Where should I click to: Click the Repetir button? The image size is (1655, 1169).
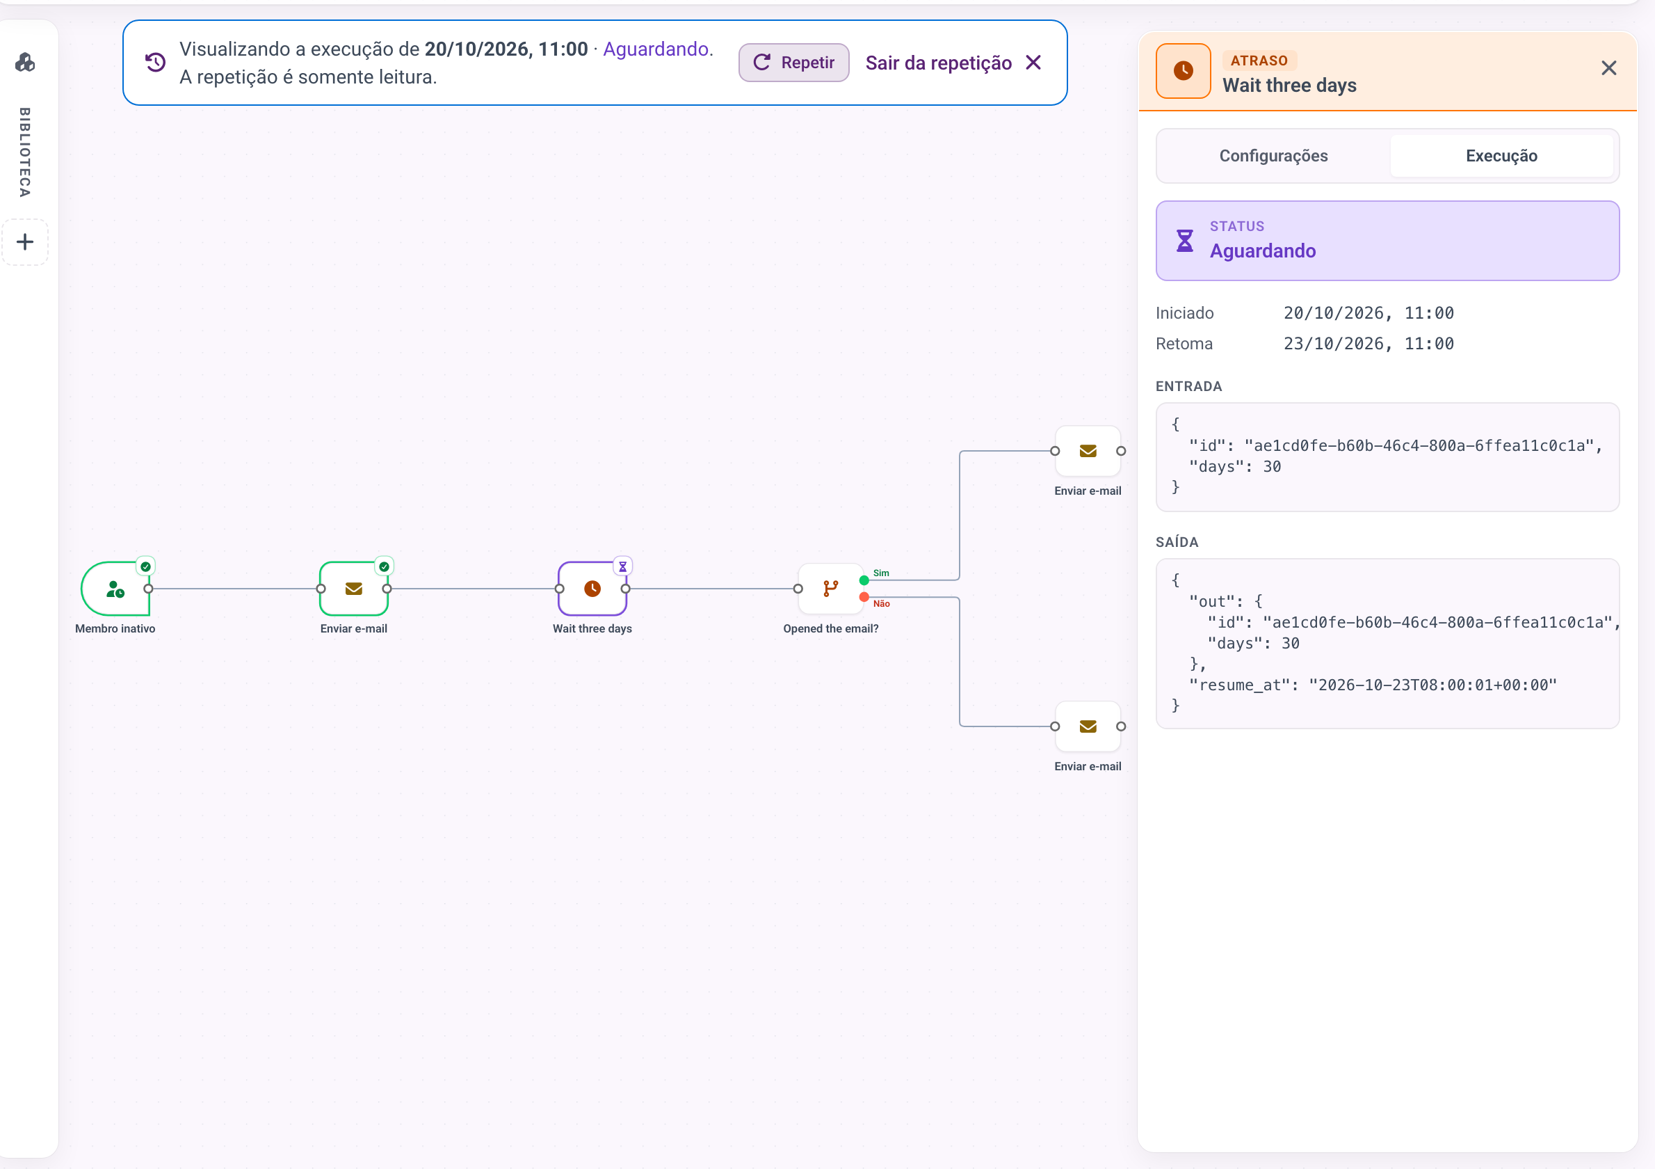(x=793, y=63)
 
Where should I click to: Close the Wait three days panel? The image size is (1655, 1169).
(x=1608, y=68)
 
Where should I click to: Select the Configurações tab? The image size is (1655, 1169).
(x=1273, y=156)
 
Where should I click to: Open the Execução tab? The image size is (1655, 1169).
(x=1501, y=156)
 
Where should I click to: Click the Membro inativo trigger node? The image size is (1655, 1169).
(x=115, y=589)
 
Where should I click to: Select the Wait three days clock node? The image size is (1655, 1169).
(x=592, y=589)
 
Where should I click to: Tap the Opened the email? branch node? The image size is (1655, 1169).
(x=830, y=589)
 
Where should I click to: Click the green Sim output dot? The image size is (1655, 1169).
(x=864, y=580)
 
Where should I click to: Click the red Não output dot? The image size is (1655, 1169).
(x=864, y=597)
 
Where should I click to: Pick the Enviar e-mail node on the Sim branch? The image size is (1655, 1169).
(x=1088, y=451)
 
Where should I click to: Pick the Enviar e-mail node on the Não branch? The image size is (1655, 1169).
(x=1088, y=726)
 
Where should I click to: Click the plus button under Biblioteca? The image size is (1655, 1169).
(x=25, y=242)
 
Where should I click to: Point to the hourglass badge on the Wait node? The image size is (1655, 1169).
(x=623, y=567)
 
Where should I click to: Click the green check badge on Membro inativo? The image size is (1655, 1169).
(x=145, y=567)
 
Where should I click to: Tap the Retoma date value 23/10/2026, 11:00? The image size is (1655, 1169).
(x=1368, y=343)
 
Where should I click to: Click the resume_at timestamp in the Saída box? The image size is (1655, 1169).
(x=1433, y=685)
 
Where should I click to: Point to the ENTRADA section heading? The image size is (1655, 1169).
(x=1188, y=387)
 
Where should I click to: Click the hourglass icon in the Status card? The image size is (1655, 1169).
(x=1184, y=241)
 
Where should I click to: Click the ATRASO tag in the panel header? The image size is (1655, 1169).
(x=1259, y=61)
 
